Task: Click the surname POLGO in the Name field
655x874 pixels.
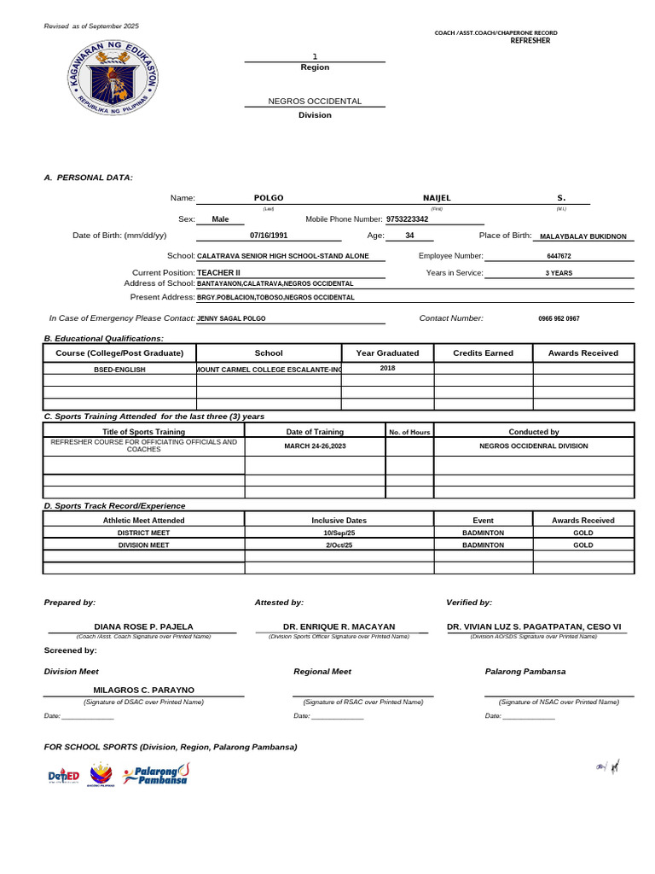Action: (269, 197)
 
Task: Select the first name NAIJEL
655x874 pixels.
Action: (437, 197)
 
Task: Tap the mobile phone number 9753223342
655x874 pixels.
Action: (408, 219)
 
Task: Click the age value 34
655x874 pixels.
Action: (409, 236)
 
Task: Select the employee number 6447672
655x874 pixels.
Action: (559, 256)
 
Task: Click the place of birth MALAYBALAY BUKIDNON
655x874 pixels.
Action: (583, 236)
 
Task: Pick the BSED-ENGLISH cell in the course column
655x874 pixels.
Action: (119, 370)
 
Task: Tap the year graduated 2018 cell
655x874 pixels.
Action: (387, 368)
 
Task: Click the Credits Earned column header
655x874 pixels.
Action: (482, 353)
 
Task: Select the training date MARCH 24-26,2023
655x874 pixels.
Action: (315, 446)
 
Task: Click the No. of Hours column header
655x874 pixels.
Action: (409, 432)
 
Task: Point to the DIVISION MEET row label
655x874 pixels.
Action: (143, 545)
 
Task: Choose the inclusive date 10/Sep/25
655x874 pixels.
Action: (339, 533)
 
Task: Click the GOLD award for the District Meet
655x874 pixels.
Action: (583, 533)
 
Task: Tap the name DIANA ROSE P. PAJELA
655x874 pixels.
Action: (143, 626)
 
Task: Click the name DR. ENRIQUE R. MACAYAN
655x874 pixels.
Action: (339, 626)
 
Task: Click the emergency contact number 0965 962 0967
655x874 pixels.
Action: (559, 318)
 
